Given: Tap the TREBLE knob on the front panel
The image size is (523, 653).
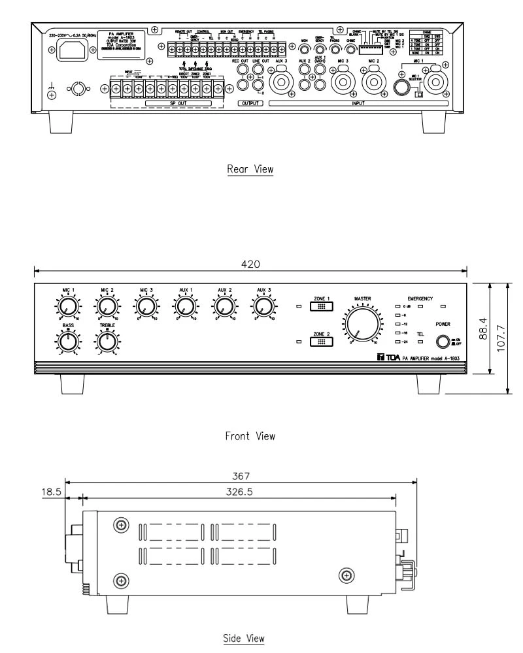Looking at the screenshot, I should [x=105, y=340].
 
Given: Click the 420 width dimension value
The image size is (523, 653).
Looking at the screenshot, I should [x=252, y=264].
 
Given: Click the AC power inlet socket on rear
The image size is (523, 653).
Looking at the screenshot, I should [x=75, y=49].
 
